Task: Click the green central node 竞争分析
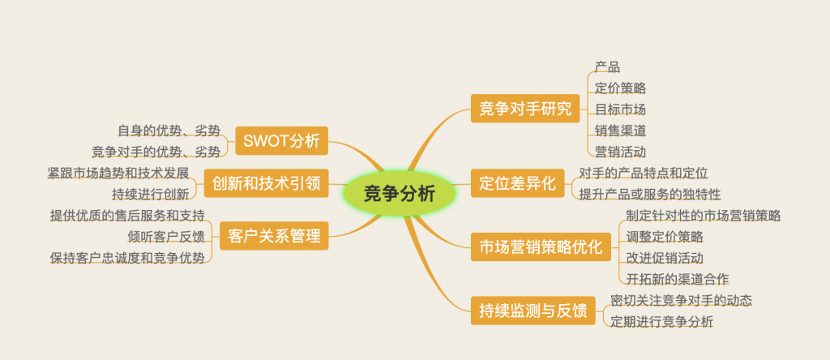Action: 399,194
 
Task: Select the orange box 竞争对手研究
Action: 525,109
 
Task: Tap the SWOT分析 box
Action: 281,141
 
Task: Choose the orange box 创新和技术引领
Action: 266,183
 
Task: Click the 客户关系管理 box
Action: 274,236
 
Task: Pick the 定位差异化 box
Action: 518,183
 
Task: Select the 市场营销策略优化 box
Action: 541,246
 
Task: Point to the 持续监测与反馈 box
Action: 533,311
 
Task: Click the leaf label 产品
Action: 607,67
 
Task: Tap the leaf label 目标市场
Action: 620,109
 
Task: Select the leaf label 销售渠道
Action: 620,131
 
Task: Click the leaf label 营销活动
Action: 620,152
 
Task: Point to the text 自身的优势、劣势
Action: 169,131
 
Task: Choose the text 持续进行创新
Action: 150,195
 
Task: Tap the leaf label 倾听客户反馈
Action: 165,236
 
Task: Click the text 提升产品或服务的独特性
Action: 650,195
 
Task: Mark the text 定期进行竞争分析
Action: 662,321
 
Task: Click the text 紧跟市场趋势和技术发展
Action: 118,174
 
